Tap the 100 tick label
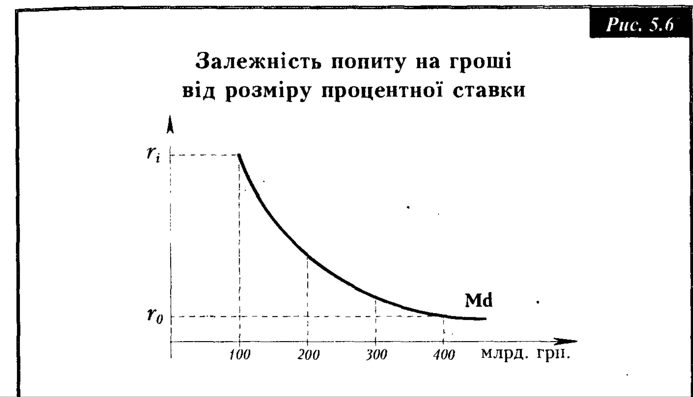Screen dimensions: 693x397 pos(239,355)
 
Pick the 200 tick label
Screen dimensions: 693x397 pos(308,355)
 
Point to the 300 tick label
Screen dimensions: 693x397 pos(376,355)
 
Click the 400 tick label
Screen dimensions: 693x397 pos(444,355)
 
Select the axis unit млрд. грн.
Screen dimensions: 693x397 pos(525,354)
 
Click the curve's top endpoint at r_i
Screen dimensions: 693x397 pos(239,155)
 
